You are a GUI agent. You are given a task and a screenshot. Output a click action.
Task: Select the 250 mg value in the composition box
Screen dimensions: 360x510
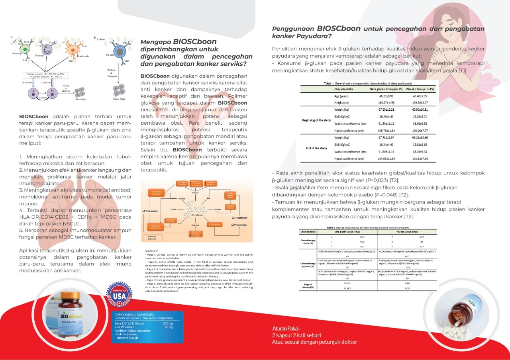[168, 323]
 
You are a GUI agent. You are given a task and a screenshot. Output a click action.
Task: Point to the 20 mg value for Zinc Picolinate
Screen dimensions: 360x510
[169, 327]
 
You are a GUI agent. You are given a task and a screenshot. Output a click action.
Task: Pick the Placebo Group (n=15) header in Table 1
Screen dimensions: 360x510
[420, 89]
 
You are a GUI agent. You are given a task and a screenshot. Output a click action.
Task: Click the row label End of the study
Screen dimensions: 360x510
[316, 148]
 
